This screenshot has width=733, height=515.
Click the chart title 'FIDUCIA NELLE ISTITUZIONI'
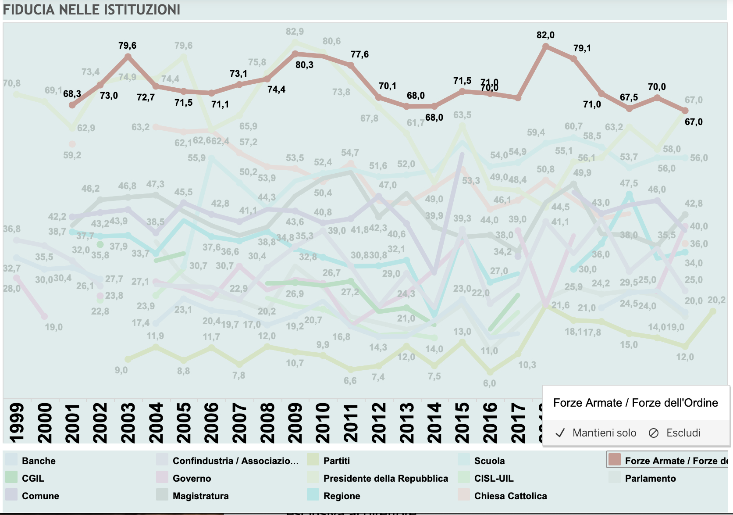(92, 10)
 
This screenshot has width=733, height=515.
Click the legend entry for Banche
(39, 461)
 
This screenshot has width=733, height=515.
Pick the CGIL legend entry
(33, 478)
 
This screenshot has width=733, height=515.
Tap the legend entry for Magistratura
(200, 496)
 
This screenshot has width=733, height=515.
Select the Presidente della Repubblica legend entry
(385, 478)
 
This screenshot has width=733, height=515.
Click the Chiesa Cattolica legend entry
(510, 496)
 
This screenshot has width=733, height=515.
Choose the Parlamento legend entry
(650, 478)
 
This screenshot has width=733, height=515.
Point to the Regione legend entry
(342, 496)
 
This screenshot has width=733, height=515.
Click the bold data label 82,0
(545, 35)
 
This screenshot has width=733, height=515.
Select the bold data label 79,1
(582, 48)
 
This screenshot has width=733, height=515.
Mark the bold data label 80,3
(304, 65)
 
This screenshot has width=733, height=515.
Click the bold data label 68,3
(72, 94)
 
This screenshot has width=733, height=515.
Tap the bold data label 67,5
(629, 97)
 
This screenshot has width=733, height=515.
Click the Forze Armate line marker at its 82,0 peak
(546, 46)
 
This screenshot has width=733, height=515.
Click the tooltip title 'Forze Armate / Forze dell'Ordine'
(635, 403)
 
